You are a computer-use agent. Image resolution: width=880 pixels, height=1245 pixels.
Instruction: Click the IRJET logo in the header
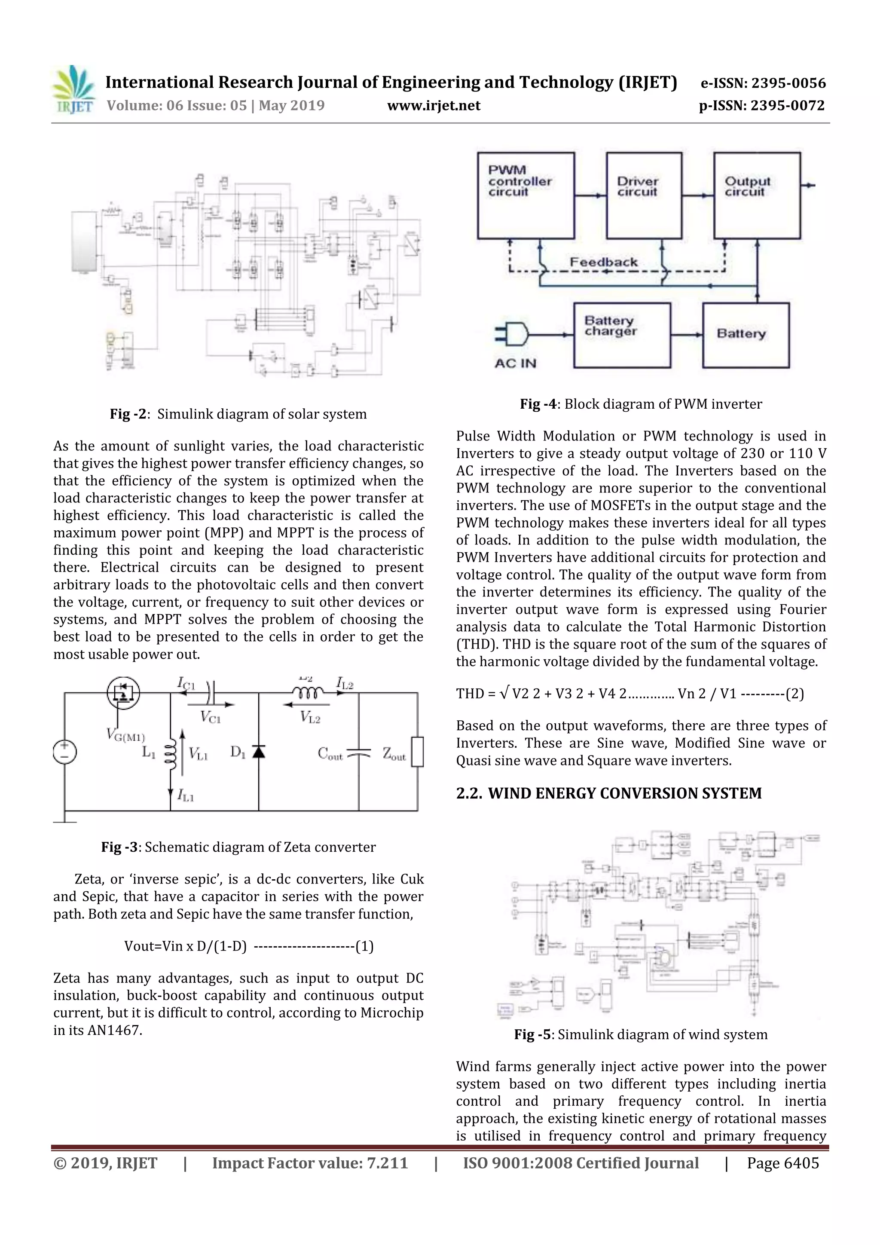click(73, 90)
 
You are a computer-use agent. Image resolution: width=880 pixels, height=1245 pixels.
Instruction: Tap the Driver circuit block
click(644, 196)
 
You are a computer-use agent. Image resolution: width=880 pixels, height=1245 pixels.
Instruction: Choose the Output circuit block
click(756, 196)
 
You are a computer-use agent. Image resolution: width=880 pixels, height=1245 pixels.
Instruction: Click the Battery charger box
click(622, 335)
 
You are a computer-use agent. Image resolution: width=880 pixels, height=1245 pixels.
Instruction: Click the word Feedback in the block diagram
click(603, 263)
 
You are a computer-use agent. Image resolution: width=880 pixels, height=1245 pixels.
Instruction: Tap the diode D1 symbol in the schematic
click(259, 752)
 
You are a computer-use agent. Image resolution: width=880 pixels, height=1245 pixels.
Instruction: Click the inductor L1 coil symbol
click(170, 753)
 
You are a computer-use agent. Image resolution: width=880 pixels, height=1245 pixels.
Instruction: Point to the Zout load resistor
click(417, 752)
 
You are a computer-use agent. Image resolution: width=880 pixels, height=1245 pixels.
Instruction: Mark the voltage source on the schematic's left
click(64, 752)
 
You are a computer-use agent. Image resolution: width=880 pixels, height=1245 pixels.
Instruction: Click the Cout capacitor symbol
click(358, 753)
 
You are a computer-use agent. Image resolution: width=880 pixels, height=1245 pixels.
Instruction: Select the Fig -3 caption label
click(119, 847)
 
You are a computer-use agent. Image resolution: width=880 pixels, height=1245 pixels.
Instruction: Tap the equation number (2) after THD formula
click(795, 694)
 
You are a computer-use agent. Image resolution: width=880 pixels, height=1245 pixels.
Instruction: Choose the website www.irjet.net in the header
click(433, 105)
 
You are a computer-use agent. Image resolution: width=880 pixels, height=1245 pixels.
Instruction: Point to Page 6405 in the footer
click(782, 1163)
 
